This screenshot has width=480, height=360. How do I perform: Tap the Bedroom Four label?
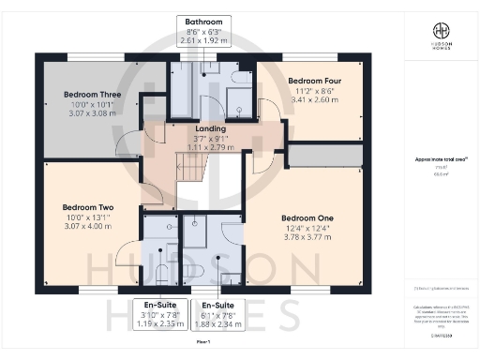[x=314, y=81]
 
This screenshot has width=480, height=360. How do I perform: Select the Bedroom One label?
[x=306, y=218]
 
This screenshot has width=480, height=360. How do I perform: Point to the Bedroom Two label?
[x=88, y=207]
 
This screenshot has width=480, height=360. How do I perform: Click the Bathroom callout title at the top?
[x=203, y=21]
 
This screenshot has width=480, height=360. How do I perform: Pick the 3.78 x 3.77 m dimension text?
[x=306, y=237]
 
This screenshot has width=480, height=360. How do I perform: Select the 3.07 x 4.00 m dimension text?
[x=88, y=226]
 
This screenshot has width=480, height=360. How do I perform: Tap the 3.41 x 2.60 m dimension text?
[x=314, y=99]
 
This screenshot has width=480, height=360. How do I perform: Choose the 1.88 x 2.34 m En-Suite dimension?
[x=216, y=323]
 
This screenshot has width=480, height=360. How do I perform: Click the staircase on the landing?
[x=192, y=169]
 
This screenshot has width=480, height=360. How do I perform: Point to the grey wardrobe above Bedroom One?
[x=323, y=155]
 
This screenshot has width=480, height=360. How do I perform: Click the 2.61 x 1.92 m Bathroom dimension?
[x=203, y=41]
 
